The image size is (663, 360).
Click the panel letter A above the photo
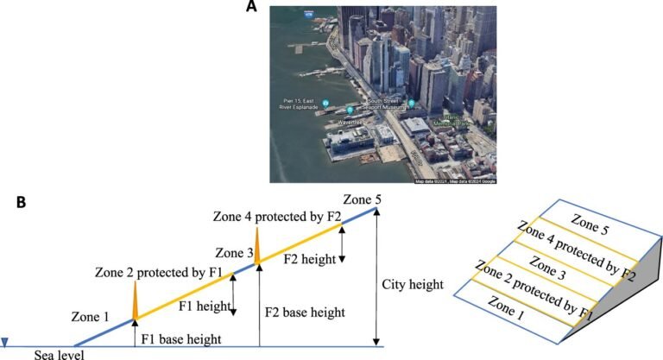pos(251,7)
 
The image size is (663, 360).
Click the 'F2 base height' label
pos(305,312)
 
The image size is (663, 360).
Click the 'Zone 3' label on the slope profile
pos(233,253)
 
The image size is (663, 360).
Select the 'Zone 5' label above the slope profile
pos(361,199)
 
